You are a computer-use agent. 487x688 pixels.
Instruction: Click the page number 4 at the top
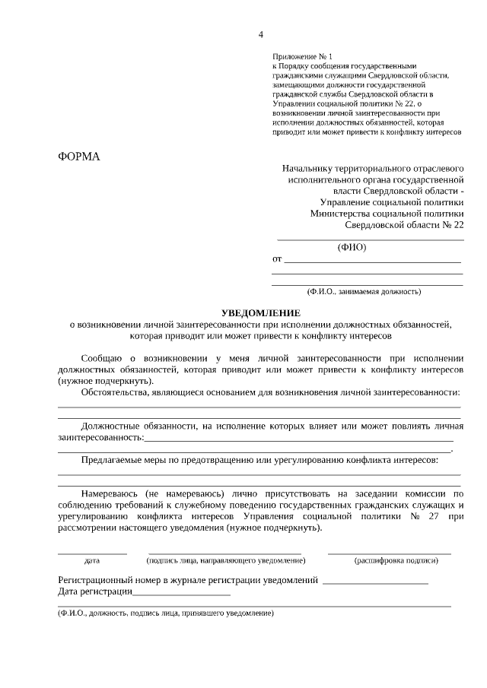coord(261,34)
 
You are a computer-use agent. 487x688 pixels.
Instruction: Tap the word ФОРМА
coord(79,157)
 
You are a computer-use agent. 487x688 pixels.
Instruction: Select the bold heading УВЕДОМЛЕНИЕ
coord(260,313)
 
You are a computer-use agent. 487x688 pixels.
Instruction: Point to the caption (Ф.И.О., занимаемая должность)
coord(364,291)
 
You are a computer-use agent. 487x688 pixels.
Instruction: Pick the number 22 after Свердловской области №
coord(457,225)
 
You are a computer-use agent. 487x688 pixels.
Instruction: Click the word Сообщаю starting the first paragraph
coord(103,357)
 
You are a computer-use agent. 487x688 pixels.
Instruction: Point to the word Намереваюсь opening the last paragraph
coord(112,493)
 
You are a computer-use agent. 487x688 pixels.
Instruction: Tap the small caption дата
coord(92,561)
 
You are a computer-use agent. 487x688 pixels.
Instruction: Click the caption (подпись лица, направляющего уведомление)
coord(226,561)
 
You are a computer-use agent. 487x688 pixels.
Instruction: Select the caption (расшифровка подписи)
coord(396,561)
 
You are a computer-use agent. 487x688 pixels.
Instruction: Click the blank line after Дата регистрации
coord(182,592)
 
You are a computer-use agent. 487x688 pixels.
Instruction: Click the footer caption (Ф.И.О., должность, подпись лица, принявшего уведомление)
coord(166,613)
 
